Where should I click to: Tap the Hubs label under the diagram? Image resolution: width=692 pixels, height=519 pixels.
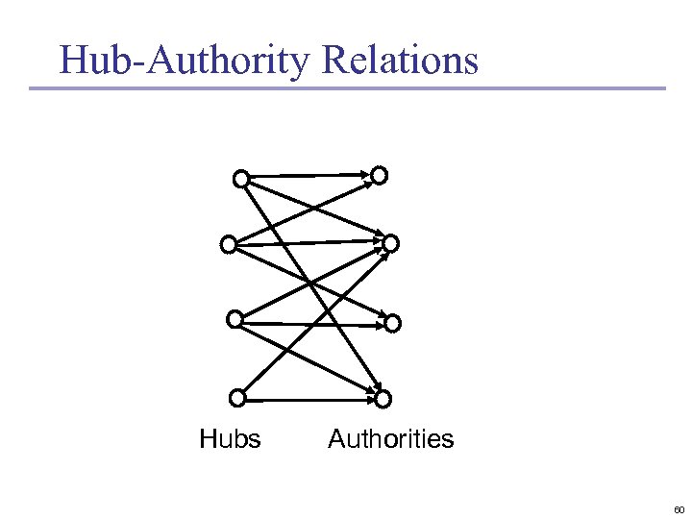[230, 439]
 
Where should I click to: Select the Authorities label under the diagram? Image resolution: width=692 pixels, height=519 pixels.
[390, 439]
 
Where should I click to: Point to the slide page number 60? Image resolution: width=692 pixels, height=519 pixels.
[679, 508]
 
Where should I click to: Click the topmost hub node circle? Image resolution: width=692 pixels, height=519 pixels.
[241, 178]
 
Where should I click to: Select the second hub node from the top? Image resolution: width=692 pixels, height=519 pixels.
[228, 244]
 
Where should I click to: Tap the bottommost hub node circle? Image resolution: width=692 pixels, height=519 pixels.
[236, 396]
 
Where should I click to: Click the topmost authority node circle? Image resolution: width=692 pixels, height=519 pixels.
[380, 175]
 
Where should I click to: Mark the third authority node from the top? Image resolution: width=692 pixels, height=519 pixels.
[391, 324]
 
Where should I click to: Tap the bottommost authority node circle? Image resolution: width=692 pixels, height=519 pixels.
[383, 398]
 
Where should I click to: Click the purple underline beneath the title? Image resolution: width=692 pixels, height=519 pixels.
[346, 88]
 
